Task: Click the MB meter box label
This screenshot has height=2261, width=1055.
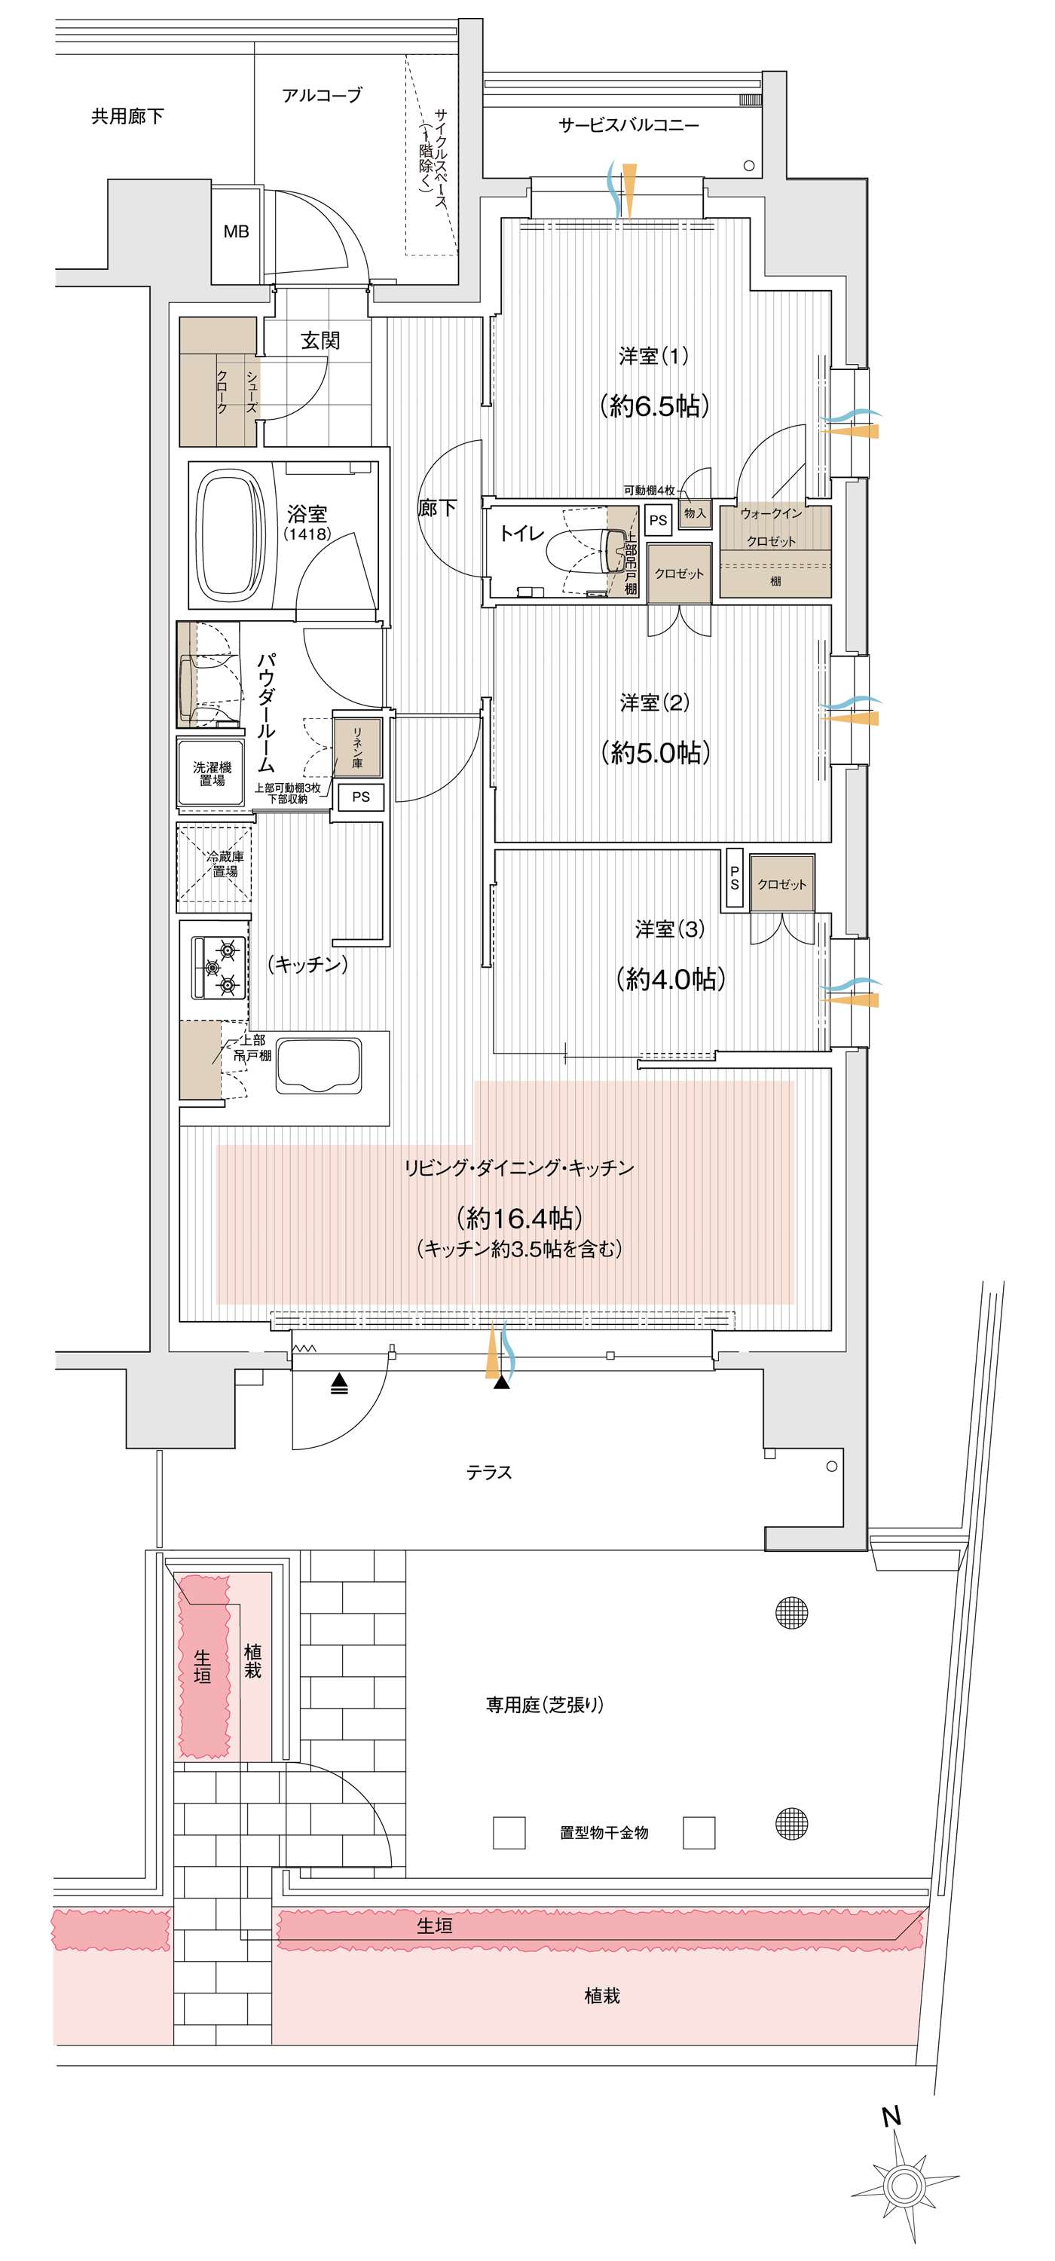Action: point(236,231)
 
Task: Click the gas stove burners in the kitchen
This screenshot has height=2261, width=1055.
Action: point(219,968)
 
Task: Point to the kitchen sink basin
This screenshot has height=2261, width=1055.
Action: point(319,1066)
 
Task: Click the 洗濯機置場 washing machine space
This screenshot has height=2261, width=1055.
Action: point(212,773)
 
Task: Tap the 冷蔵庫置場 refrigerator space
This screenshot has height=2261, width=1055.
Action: point(215,864)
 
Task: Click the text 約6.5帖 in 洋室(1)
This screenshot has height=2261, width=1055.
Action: point(655,405)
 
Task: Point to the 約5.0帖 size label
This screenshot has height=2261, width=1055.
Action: point(656,752)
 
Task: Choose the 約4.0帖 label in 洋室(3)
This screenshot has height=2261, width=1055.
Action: point(671,979)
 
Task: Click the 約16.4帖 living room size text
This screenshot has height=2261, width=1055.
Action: point(520,1217)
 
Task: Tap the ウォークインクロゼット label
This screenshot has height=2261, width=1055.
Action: point(772,527)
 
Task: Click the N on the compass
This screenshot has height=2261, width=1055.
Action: point(891,2116)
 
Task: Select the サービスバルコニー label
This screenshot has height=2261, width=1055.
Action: point(629,124)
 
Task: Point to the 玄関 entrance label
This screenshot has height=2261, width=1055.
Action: point(320,341)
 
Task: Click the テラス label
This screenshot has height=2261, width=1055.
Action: point(489,1472)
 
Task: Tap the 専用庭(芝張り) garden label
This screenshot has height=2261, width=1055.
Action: point(545,1705)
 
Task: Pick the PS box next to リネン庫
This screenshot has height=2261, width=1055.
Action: point(361,797)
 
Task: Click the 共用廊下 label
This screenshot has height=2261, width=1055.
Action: point(127,116)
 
